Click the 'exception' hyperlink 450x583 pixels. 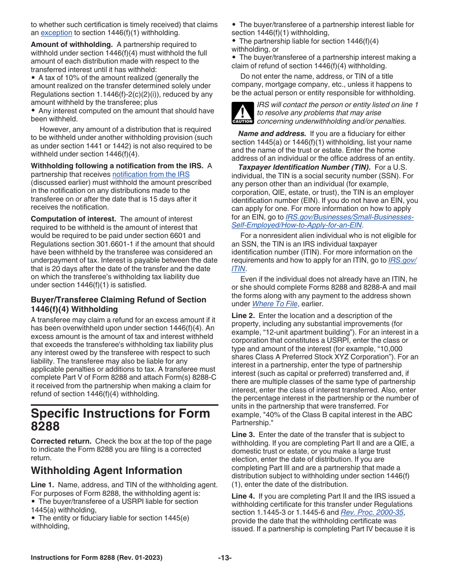(x=56, y=33)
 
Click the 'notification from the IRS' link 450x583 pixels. (x=151, y=174)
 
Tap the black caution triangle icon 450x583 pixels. (x=243, y=113)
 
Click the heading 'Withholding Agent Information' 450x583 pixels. (x=107, y=471)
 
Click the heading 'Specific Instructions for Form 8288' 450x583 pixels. (x=120, y=419)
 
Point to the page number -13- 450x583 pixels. (x=225, y=558)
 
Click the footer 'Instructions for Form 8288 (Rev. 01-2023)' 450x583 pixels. (x=97, y=558)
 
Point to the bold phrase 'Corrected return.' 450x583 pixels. (x=61, y=441)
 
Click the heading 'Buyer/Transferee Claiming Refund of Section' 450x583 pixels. (x=118, y=300)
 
